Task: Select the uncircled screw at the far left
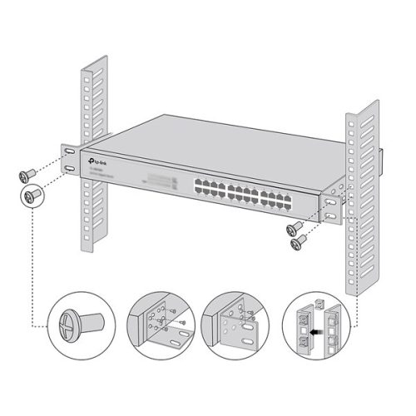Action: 23,175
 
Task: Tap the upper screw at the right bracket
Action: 294,227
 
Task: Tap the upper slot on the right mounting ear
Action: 332,201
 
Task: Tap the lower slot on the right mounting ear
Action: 332,215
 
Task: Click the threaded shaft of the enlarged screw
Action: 89,321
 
